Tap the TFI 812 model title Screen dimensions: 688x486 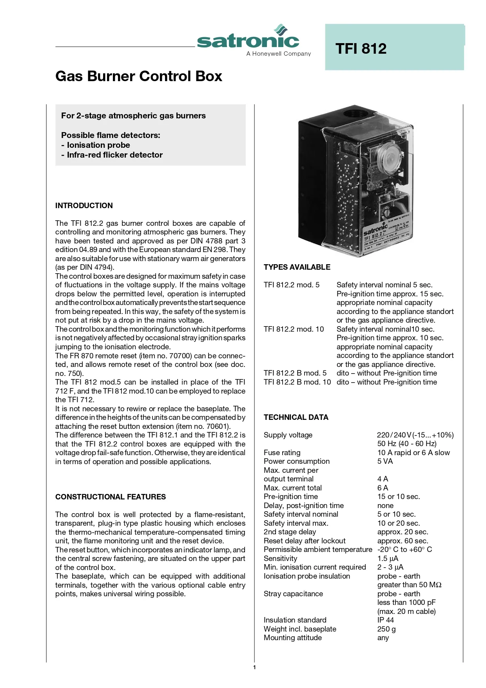click(361, 49)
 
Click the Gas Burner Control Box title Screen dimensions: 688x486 click(139, 76)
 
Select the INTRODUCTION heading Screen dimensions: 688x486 click(84, 205)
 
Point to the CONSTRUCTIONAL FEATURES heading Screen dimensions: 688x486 click(111, 497)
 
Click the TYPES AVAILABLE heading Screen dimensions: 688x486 click(297, 267)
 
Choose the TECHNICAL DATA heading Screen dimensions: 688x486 click(296, 417)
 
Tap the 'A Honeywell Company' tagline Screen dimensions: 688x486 click(278, 54)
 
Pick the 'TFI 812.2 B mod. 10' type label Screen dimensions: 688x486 click(297, 382)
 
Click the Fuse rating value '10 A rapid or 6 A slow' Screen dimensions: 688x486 click(413, 452)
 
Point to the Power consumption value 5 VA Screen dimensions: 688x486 click(385, 461)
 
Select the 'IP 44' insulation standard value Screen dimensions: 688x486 click(385, 620)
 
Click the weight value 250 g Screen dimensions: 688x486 click(386, 629)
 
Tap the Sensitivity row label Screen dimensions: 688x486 click(280, 558)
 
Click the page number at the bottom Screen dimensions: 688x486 click(254, 667)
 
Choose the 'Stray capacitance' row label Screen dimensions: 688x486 click(293, 594)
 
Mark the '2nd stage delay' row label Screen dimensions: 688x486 click(290, 532)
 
